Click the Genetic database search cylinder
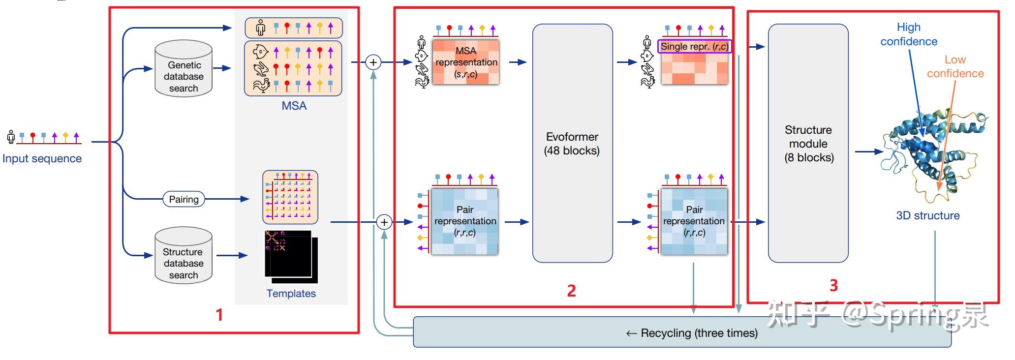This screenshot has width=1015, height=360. pos(184,68)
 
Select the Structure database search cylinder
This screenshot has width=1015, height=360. pos(184,255)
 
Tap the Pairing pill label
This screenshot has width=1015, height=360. pos(184,199)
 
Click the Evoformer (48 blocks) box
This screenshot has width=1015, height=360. pos(572,143)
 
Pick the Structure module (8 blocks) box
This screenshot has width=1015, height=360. pos(808,143)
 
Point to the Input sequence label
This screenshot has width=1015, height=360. pos(42,158)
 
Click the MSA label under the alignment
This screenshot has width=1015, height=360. pos(294,106)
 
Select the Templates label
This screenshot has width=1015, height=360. pos(291,294)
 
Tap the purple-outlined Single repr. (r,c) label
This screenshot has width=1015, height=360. pos(694,47)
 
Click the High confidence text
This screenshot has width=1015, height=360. pos(908,34)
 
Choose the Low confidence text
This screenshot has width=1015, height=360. pos(955,66)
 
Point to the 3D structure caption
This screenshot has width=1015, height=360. pos(927,215)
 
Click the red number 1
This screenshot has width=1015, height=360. pos(219,315)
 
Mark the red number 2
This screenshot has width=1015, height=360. pos(571,291)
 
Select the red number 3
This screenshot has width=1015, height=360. pos(833,285)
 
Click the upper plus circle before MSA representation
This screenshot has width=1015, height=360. pos(373,62)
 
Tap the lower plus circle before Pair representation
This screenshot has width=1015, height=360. pos(384,222)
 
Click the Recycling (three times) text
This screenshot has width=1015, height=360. pos(692,333)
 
